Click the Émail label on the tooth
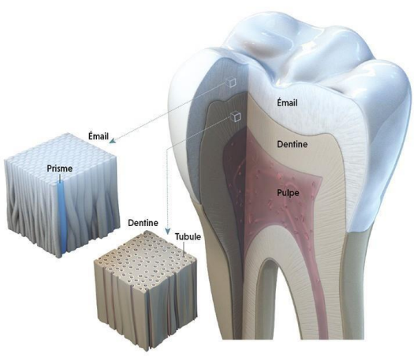tap(287, 102)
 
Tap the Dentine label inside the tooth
tap(293, 144)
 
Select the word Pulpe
tap(288, 193)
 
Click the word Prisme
tap(60, 169)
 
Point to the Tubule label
tap(188, 236)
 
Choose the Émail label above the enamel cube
tap(99, 136)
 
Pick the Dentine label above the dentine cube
tap(143, 223)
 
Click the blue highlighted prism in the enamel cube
tap(62, 217)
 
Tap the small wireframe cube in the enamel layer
tap(231, 82)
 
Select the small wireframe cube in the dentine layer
tap(236, 117)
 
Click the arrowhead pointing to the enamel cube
tap(113, 140)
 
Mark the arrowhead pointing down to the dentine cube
tap(167, 232)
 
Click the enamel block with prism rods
tap(61, 195)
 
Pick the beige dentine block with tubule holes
tap(146, 290)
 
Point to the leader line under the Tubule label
tap(184, 249)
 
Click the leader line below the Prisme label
tap(60, 178)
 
